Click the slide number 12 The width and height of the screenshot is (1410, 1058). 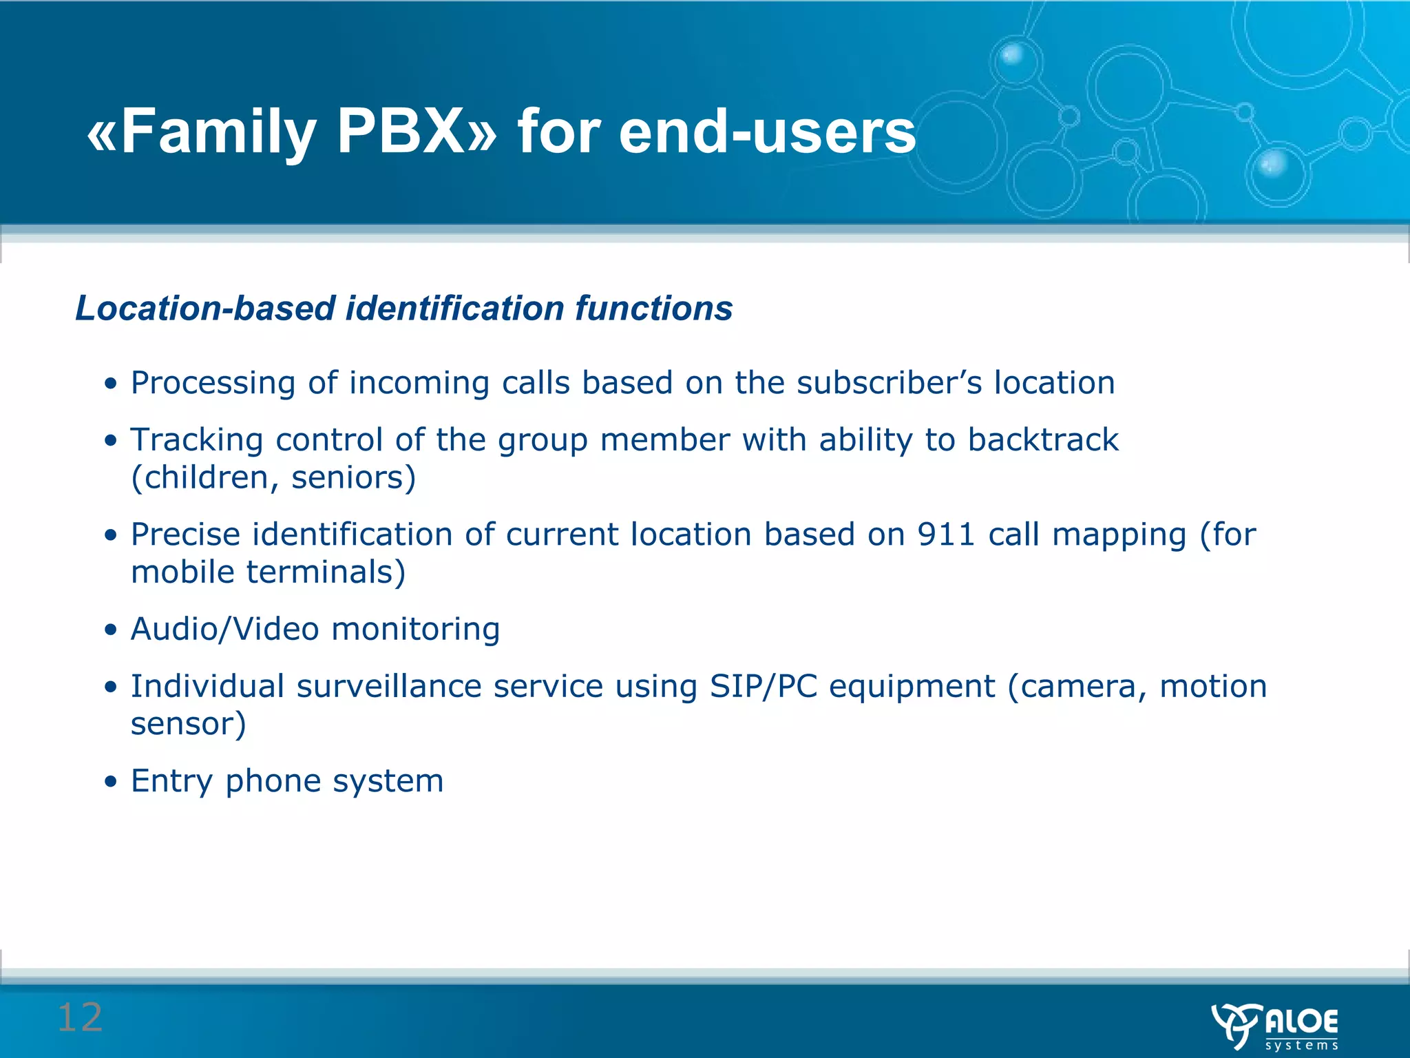pyautogui.click(x=80, y=1017)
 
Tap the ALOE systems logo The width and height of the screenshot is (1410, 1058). pyautogui.click(x=1275, y=1026)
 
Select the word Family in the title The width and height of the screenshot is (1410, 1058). pyautogui.click(x=218, y=132)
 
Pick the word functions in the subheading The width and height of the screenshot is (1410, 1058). pyautogui.click(x=654, y=308)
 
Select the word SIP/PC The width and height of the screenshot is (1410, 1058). pyautogui.click(x=764, y=687)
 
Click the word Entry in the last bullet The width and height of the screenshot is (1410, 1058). pyautogui.click(x=172, y=782)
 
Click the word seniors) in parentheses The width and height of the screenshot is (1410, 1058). pyautogui.click(x=354, y=478)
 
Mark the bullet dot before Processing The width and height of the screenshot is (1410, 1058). pyautogui.click(x=110, y=384)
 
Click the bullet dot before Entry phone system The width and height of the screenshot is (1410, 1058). pyautogui.click(x=110, y=782)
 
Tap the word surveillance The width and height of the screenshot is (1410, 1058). pyautogui.click(x=394, y=687)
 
